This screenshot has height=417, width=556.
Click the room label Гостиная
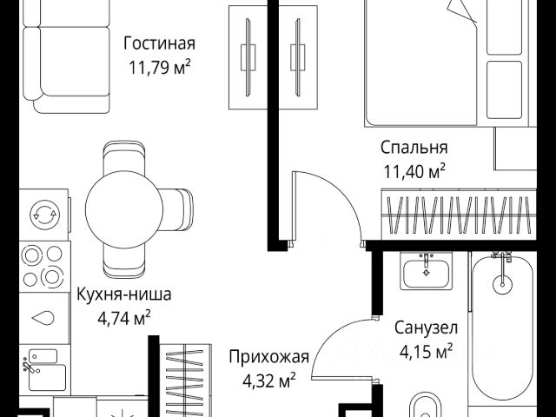(159, 43)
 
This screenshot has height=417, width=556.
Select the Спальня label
(414, 147)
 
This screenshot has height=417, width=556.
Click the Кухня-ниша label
(122, 294)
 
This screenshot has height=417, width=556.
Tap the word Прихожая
(269, 355)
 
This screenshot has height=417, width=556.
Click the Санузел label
(426, 329)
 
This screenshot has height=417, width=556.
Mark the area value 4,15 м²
(426, 352)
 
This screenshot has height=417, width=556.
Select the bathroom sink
(426, 271)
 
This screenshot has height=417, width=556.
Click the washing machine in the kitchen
(43, 212)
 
